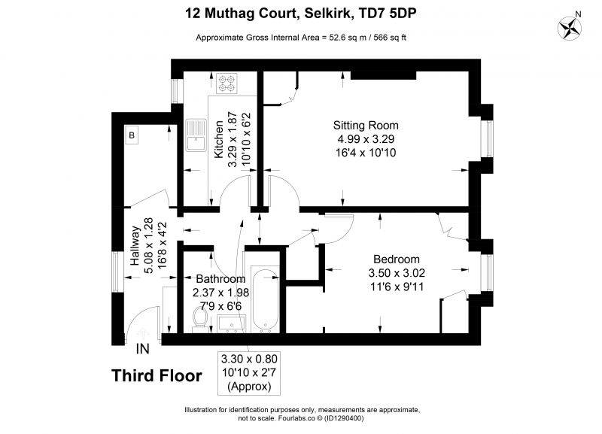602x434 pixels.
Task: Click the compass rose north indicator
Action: (570, 27)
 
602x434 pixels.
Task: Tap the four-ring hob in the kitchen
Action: (227, 83)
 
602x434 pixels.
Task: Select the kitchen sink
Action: (196, 135)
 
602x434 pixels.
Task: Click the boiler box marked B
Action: (132, 135)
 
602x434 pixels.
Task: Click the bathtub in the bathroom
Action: (266, 301)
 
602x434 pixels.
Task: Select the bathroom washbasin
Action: (231, 323)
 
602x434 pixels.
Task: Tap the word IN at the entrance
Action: (143, 349)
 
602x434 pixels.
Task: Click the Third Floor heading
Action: (157, 375)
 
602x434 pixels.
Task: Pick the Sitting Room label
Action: (366, 126)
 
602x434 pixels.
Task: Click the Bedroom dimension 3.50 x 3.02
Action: (397, 273)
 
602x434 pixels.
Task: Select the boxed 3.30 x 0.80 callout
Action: (249, 372)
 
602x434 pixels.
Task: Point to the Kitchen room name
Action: (218, 139)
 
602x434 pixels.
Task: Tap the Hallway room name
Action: (135, 246)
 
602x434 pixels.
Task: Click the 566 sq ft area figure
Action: (385, 38)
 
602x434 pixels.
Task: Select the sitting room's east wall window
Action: (488, 138)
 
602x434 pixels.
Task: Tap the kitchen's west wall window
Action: (175, 91)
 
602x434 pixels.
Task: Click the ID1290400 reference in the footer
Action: (344, 418)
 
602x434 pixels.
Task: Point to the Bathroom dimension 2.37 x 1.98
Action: (220, 293)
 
